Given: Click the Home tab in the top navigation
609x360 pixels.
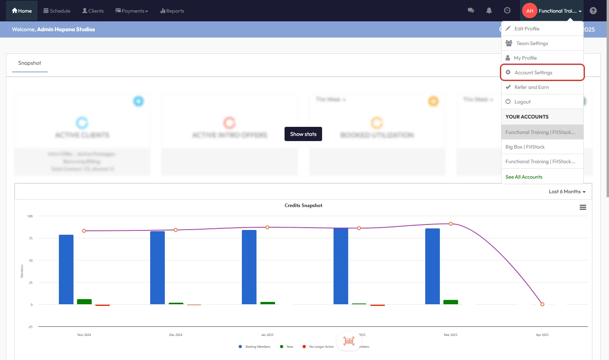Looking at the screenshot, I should pos(22,11).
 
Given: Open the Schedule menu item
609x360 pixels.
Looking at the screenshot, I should pos(57,11).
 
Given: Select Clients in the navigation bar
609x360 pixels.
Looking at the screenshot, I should pos(93,11).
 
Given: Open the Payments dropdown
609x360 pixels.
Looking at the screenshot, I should pos(132,11).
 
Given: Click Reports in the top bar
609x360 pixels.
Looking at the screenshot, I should pos(172,11).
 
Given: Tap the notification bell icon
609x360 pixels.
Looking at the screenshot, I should pos(489,11).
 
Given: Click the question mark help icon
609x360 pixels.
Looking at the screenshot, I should pos(593,11).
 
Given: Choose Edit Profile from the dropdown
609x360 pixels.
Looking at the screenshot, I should pos(527,28).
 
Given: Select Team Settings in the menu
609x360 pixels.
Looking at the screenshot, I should pos(532,43).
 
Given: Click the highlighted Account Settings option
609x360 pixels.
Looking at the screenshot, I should pos(533,72).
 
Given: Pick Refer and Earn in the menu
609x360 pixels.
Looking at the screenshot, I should pos(532,87).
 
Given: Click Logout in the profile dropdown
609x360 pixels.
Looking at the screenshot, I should pos(522,102).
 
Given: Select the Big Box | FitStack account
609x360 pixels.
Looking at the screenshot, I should pos(525,147).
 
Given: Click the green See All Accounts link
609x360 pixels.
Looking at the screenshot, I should pos(524,177).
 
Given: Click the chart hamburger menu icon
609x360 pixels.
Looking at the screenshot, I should pos(583,207).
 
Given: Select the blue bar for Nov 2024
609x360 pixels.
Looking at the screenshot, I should pos(66,270).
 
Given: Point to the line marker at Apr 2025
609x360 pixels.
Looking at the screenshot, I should pos(542,304).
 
